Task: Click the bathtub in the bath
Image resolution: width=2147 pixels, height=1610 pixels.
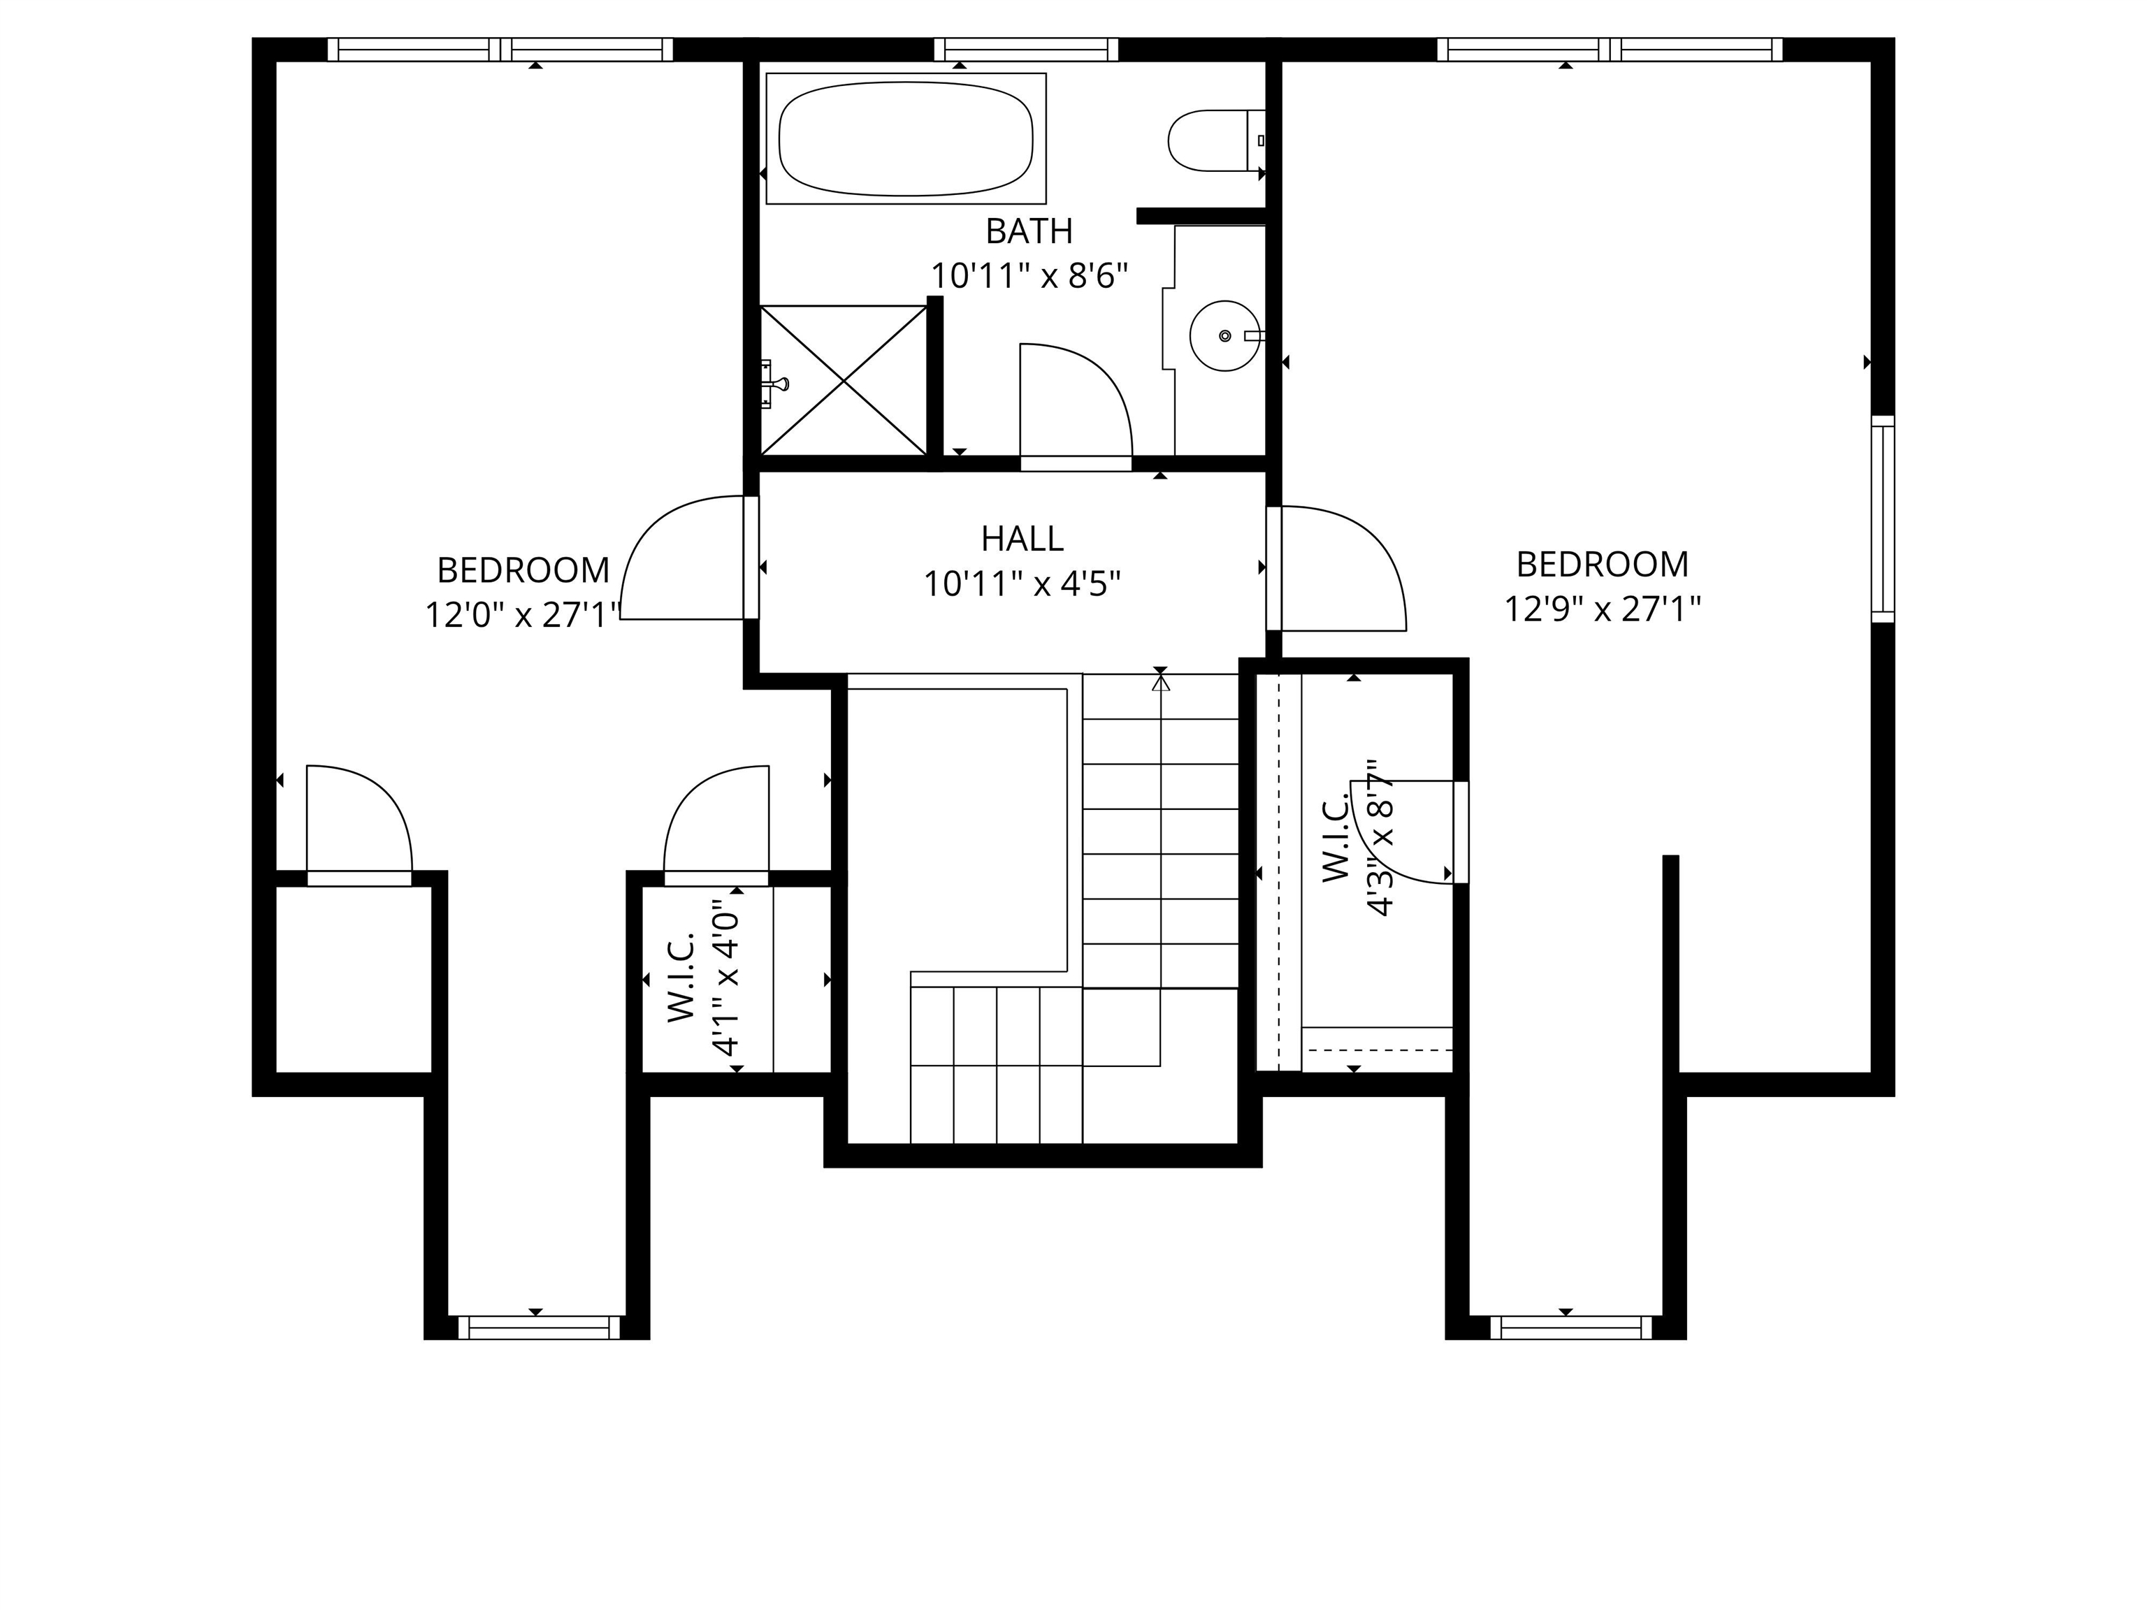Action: coord(906,138)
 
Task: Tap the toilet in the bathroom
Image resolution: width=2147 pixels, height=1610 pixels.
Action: coord(1213,140)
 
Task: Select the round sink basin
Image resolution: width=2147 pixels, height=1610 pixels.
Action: coord(1225,336)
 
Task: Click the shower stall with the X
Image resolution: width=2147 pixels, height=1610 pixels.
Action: coord(844,380)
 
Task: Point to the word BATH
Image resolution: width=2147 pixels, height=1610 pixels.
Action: coord(1029,231)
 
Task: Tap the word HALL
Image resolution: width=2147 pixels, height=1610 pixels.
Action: coord(1021,539)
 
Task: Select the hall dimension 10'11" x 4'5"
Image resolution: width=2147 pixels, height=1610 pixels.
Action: coord(1021,584)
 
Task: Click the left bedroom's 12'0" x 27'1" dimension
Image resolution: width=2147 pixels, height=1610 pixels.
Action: coord(522,615)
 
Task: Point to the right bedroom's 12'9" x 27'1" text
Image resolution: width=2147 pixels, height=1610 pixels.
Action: coord(1602,609)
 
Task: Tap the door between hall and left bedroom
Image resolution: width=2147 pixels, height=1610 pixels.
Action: coord(679,558)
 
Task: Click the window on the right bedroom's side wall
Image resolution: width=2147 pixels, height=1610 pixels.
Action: coord(1882,519)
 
